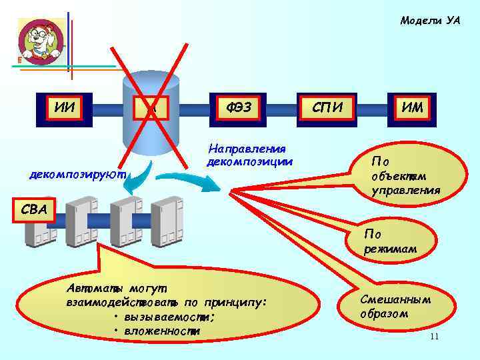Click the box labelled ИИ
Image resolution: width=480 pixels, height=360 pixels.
click(64, 106)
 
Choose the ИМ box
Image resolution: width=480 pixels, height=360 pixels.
click(413, 106)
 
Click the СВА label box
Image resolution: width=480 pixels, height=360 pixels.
click(33, 211)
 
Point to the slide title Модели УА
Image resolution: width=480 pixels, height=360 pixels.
click(430, 21)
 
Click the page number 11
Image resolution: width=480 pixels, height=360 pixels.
click(434, 336)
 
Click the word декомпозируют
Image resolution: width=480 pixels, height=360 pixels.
click(78, 174)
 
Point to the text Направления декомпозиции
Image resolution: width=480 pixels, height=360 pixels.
click(249, 155)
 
